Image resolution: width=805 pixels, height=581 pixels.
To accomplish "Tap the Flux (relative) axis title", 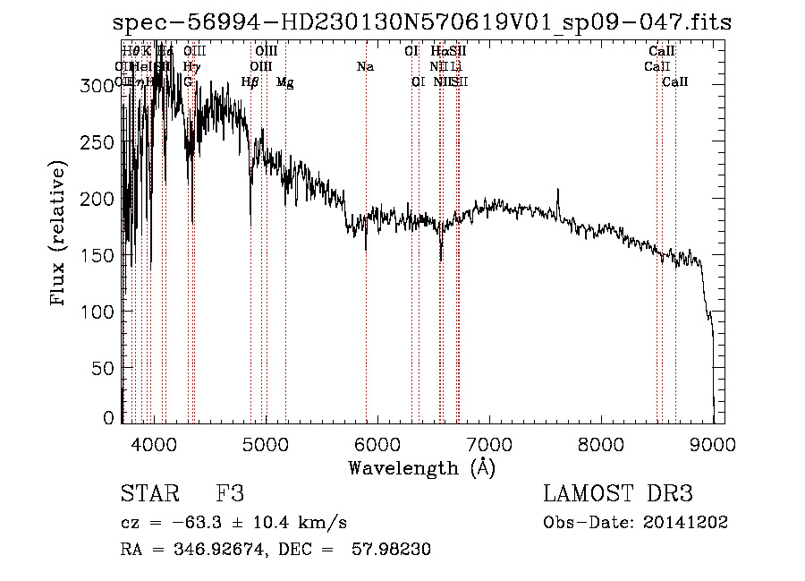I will [59, 235].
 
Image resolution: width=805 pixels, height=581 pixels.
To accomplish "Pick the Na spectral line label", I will [365, 66].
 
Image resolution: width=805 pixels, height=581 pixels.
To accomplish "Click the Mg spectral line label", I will [284, 82].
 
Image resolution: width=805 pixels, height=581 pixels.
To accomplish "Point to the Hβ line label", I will [250, 82].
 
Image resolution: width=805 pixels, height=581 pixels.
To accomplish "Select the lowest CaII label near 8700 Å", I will [675, 82].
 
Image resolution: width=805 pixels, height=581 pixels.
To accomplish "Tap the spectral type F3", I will [230, 494].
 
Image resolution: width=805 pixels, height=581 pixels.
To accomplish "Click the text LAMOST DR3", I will [617, 494].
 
